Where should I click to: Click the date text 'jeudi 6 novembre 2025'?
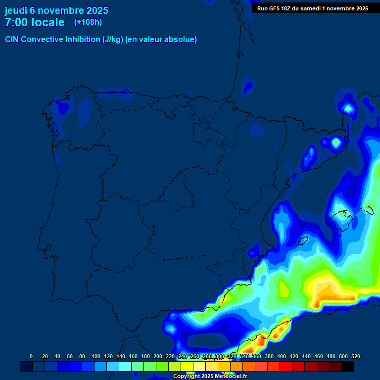[56, 10]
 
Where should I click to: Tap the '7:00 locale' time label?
[35, 22]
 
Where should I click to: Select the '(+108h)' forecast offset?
[88, 22]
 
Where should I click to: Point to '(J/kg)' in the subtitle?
[112, 40]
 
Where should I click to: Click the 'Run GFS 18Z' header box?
[312, 8]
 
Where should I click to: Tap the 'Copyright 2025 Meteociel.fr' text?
[210, 377]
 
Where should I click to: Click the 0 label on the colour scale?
[31, 356]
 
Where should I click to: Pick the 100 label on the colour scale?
[95, 356]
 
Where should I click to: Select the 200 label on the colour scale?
[158, 356]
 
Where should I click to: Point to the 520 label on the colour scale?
[356, 356]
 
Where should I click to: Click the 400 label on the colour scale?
[282, 356]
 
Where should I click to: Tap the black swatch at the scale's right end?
[348, 366]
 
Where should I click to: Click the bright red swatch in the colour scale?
[286, 366]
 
